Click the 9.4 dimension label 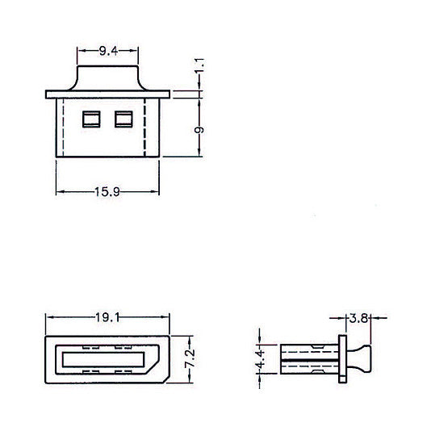pyautogui.click(x=108, y=51)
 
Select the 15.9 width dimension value pyautogui.click(x=107, y=192)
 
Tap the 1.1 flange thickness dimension pyautogui.click(x=200, y=65)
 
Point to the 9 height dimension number pyautogui.click(x=199, y=130)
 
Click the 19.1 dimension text pyautogui.click(x=107, y=318)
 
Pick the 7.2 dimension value pyautogui.click(x=190, y=358)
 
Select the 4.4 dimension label pyautogui.click(x=260, y=359)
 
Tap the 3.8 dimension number pyautogui.click(x=358, y=318)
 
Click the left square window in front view pyautogui.click(x=91, y=119)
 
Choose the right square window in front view pyautogui.click(x=123, y=119)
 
